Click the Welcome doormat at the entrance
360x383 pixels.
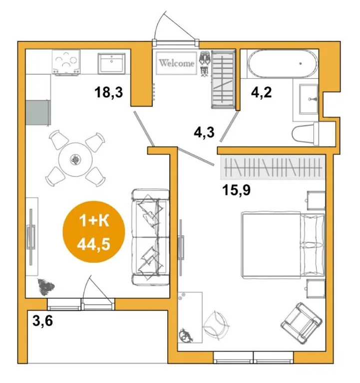pos(176,63)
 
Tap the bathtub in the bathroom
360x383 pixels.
pos(283,64)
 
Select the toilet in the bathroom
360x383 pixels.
pos(306,134)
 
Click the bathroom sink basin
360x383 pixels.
pos(309,99)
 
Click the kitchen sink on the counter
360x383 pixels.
pos(111,63)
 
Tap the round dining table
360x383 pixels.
pos(75,160)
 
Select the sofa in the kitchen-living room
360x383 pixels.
pos(150,237)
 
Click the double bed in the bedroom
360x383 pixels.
pos(283,245)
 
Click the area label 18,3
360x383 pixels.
pos(109,93)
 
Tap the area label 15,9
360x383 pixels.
pos(237,190)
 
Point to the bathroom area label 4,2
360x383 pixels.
pos(262,93)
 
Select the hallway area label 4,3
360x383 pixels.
pos(204,133)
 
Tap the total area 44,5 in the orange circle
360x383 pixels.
pos(94,244)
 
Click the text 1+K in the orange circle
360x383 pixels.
pos(94,221)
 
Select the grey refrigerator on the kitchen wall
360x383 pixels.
pos(38,113)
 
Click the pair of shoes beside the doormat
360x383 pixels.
pos(204,63)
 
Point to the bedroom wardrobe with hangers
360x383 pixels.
pos(273,168)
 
